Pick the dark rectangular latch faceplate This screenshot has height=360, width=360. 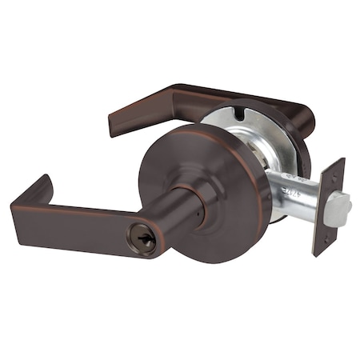pyautogui.click(x=328, y=206)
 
